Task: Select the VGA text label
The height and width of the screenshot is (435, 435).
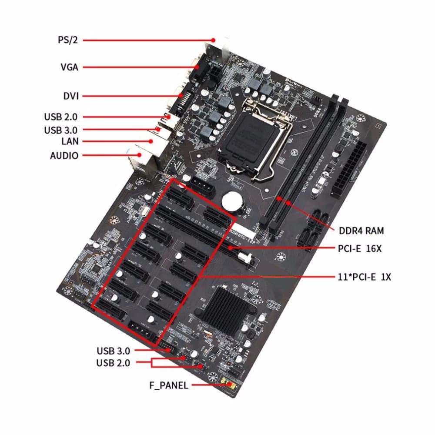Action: click(70, 67)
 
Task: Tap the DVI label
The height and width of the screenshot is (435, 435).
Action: click(70, 96)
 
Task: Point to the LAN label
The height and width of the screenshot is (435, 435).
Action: click(70, 141)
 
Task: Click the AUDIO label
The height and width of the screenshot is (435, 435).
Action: click(64, 155)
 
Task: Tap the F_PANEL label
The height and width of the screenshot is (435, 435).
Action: click(168, 385)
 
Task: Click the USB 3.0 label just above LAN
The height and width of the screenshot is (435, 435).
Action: click(61, 130)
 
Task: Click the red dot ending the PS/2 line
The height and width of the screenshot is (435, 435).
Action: click(214, 40)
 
